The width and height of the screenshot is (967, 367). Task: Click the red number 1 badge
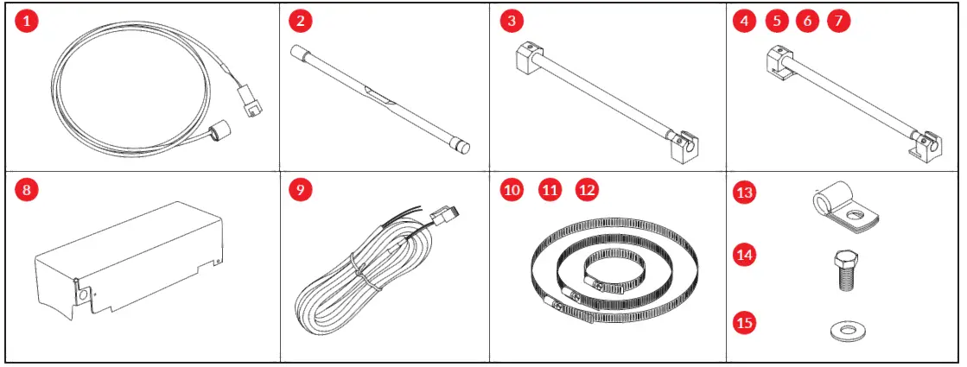click(x=29, y=22)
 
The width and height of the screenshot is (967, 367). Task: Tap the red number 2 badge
click(x=299, y=22)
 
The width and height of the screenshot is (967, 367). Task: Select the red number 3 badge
click(x=512, y=22)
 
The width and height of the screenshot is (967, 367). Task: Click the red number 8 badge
click(x=29, y=190)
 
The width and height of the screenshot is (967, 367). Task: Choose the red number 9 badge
click(x=299, y=190)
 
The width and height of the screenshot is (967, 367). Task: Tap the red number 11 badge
click(x=550, y=190)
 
